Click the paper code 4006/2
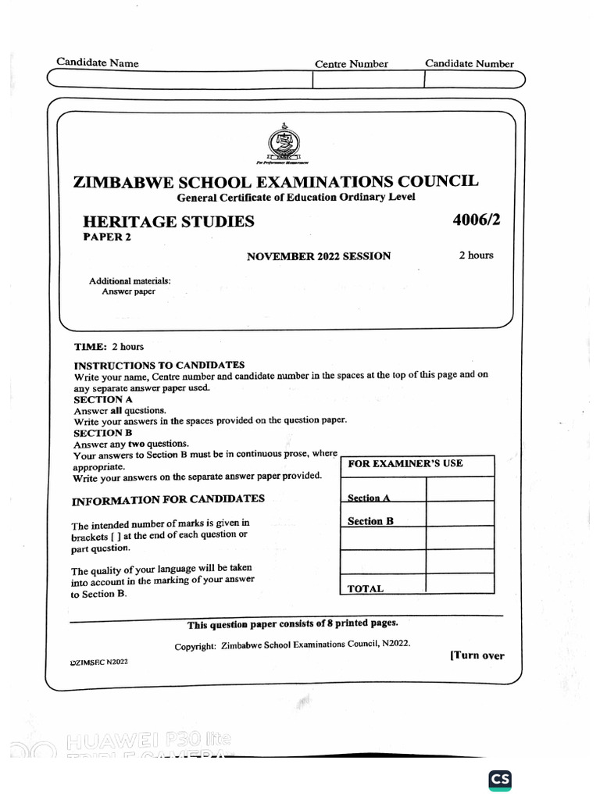click(x=476, y=220)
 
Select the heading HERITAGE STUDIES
click(x=169, y=222)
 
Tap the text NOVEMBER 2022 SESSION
click(x=319, y=256)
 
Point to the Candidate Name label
click(x=97, y=62)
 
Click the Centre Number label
click(x=351, y=64)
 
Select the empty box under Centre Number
click(x=368, y=80)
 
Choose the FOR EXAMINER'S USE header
click(x=405, y=463)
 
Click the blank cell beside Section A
click(x=459, y=489)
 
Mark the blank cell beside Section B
click(x=459, y=513)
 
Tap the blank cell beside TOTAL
click(x=459, y=584)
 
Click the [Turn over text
click(x=477, y=655)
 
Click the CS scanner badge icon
click(x=500, y=780)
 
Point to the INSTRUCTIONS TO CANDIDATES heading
click(x=159, y=365)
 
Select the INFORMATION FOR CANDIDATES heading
click(x=168, y=499)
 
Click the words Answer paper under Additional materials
click(x=128, y=291)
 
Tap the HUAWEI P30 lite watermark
click(x=148, y=740)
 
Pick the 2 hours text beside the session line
click(x=476, y=255)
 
